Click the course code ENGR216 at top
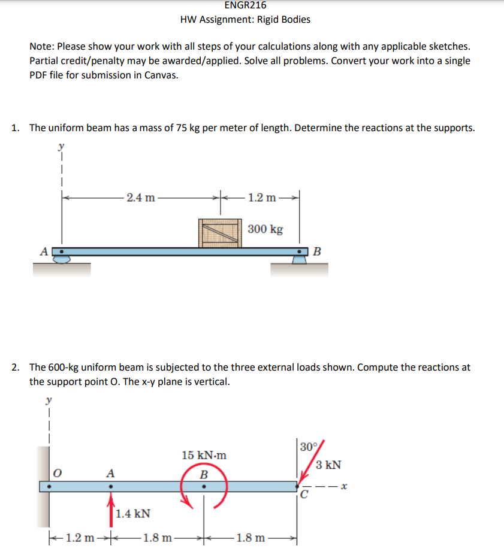coord(245,5)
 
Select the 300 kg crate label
coord(265,229)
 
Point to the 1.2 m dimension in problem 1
coord(262,197)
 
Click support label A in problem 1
coord(43,252)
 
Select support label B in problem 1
coord(317,251)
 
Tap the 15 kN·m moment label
coord(204,455)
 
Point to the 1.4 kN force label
coord(132,514)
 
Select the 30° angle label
coord(309,447)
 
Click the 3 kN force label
coord(329,465)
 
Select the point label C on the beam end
coord(304,495)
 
